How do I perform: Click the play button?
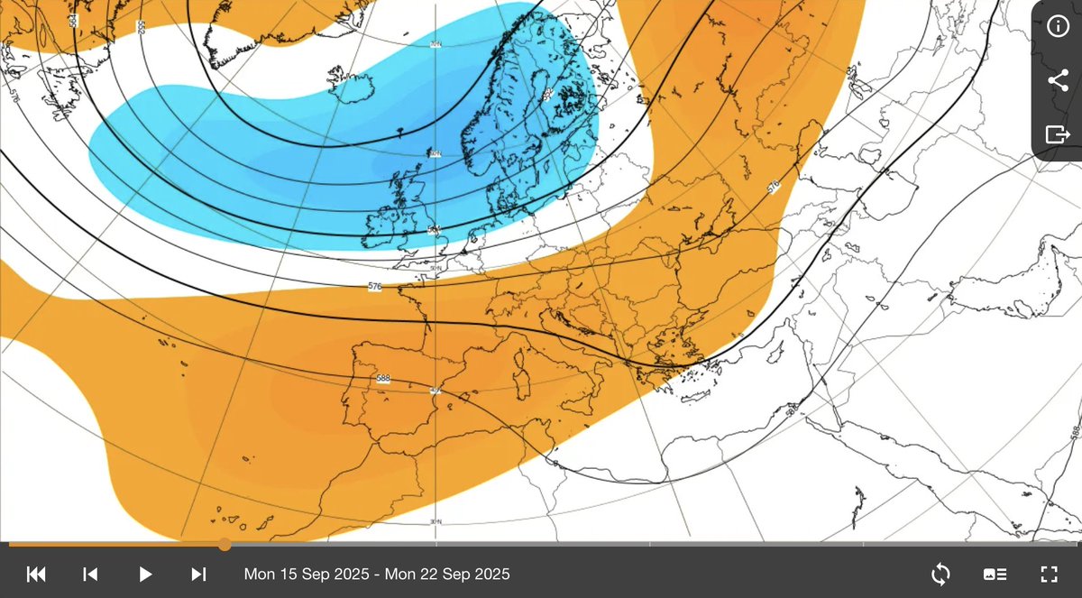tap(145, 574)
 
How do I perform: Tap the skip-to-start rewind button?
tap(36, 574)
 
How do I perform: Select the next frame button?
tap(199, 574)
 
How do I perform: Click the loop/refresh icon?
tap(940, 574)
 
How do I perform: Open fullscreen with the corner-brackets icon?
tap(1049, 574)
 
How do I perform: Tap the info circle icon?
tap(1058, 26)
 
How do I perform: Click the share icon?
tap(1058, 80)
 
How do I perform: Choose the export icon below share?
tap(1058, 134)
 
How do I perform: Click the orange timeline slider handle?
tap(225, 545)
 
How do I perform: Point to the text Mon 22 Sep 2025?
tap(448, 574)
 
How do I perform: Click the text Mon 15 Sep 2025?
tap(307, 574)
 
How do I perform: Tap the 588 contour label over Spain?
tap(383, 379)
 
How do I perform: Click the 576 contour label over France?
tap(375, 287)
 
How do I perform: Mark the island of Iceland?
tap(342, 89)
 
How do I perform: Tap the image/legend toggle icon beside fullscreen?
tap(995, 574)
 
